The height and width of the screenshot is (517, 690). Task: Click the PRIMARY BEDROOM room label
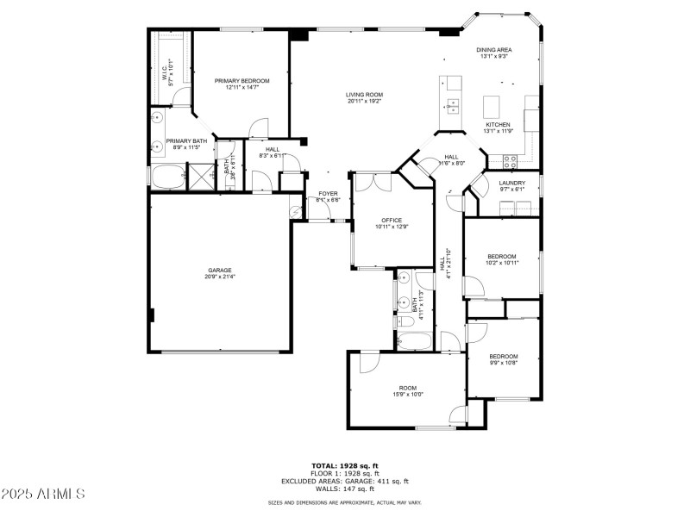tap(241, 81)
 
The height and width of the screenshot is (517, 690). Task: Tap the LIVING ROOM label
tap(365, 95)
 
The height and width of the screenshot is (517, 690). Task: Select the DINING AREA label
tap(493, 50)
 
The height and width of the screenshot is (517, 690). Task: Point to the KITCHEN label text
tap(498, 124)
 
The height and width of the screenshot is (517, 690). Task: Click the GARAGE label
tap(219, 270)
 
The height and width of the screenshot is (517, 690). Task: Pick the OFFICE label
tap(392, 220)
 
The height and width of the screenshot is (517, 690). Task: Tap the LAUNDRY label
tap(511, 183)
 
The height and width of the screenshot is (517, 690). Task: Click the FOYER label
tap(328, 193)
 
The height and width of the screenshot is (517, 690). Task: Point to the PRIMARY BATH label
tap(186, 140)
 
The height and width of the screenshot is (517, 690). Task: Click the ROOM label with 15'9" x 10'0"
tap(408, 388)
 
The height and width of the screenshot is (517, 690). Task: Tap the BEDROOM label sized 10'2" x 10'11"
tap(501, 256)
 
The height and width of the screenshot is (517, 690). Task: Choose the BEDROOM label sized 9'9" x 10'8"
tap(504, 356)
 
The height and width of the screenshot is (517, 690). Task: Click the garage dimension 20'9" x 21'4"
tap(219, 277)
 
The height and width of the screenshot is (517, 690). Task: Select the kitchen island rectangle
tap(492, 106)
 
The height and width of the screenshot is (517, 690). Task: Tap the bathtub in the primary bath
tap(166, 177)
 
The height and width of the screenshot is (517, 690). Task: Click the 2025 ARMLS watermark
tap(43, 495)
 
